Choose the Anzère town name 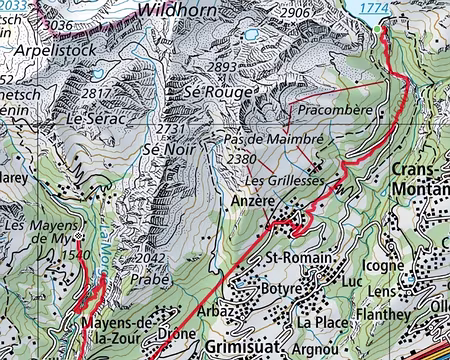tap(252, 201)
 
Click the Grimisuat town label tap(233, 349)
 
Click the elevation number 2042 tap(149, 258)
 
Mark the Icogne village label tap(382, 267)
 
